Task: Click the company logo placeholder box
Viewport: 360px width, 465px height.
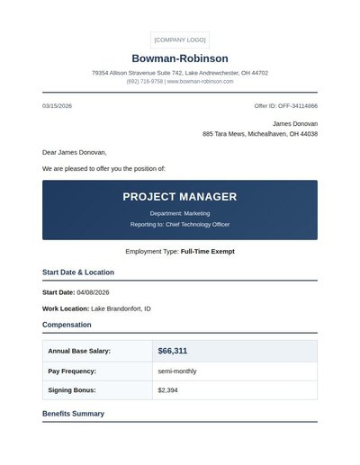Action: coord(180,40)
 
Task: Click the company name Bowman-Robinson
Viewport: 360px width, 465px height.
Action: coord(180,58)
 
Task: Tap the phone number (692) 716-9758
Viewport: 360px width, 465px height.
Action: coord(145,81)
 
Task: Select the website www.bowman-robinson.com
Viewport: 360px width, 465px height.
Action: coord(200,81)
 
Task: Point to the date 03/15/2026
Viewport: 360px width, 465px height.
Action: coord(57,106)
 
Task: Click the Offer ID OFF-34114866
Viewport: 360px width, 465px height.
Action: coord(285,106)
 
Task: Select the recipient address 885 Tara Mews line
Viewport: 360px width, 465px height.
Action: coord(260,134)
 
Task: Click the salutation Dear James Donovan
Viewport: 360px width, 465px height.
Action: coord(74,153)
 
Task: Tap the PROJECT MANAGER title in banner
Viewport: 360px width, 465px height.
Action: coord(180,197)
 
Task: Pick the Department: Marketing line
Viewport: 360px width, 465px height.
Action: coord(180,213)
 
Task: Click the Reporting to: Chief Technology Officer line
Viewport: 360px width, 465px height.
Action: coord(180,224)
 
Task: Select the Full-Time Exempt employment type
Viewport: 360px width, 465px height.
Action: coord(207,252)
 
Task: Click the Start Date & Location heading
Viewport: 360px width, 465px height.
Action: coord(78,272)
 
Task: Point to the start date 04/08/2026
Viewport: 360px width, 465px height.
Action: coord(93,292)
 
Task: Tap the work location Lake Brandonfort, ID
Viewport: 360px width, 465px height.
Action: coord(121,309)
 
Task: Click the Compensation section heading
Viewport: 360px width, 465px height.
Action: coord(67,325)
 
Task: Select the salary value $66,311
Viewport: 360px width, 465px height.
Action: coord(173,351)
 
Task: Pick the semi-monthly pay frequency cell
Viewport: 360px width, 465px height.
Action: coord(176,371)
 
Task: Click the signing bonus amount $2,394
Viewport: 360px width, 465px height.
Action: coord(168,390)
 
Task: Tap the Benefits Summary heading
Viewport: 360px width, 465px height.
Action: coord(73,414)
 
